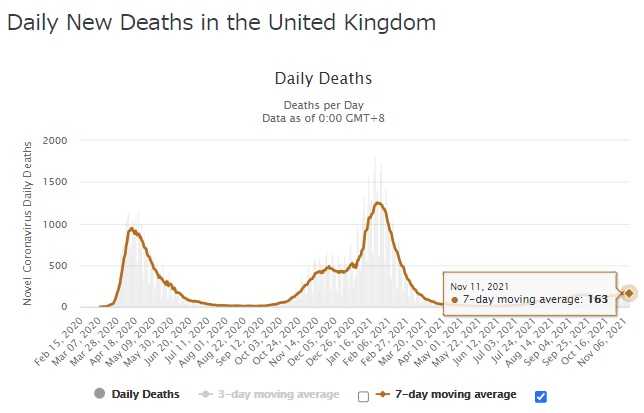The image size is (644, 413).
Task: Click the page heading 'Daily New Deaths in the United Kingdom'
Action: click(207, 21)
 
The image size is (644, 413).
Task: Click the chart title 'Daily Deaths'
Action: click(322, 77)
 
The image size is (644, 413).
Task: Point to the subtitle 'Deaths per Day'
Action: click(322, 104)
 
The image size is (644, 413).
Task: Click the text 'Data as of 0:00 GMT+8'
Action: click(322, 117)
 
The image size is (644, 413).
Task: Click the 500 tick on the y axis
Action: click(58, 266)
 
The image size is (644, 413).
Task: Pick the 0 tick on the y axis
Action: click(64, 307)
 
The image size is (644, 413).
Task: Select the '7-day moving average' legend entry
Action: click(453, 394)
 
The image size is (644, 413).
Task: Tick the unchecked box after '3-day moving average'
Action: click(363, 396)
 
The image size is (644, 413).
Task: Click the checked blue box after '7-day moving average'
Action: click(541, 396)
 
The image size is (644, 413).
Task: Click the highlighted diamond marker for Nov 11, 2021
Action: click(629, 293)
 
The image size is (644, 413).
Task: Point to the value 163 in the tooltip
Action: click(598, 299)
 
